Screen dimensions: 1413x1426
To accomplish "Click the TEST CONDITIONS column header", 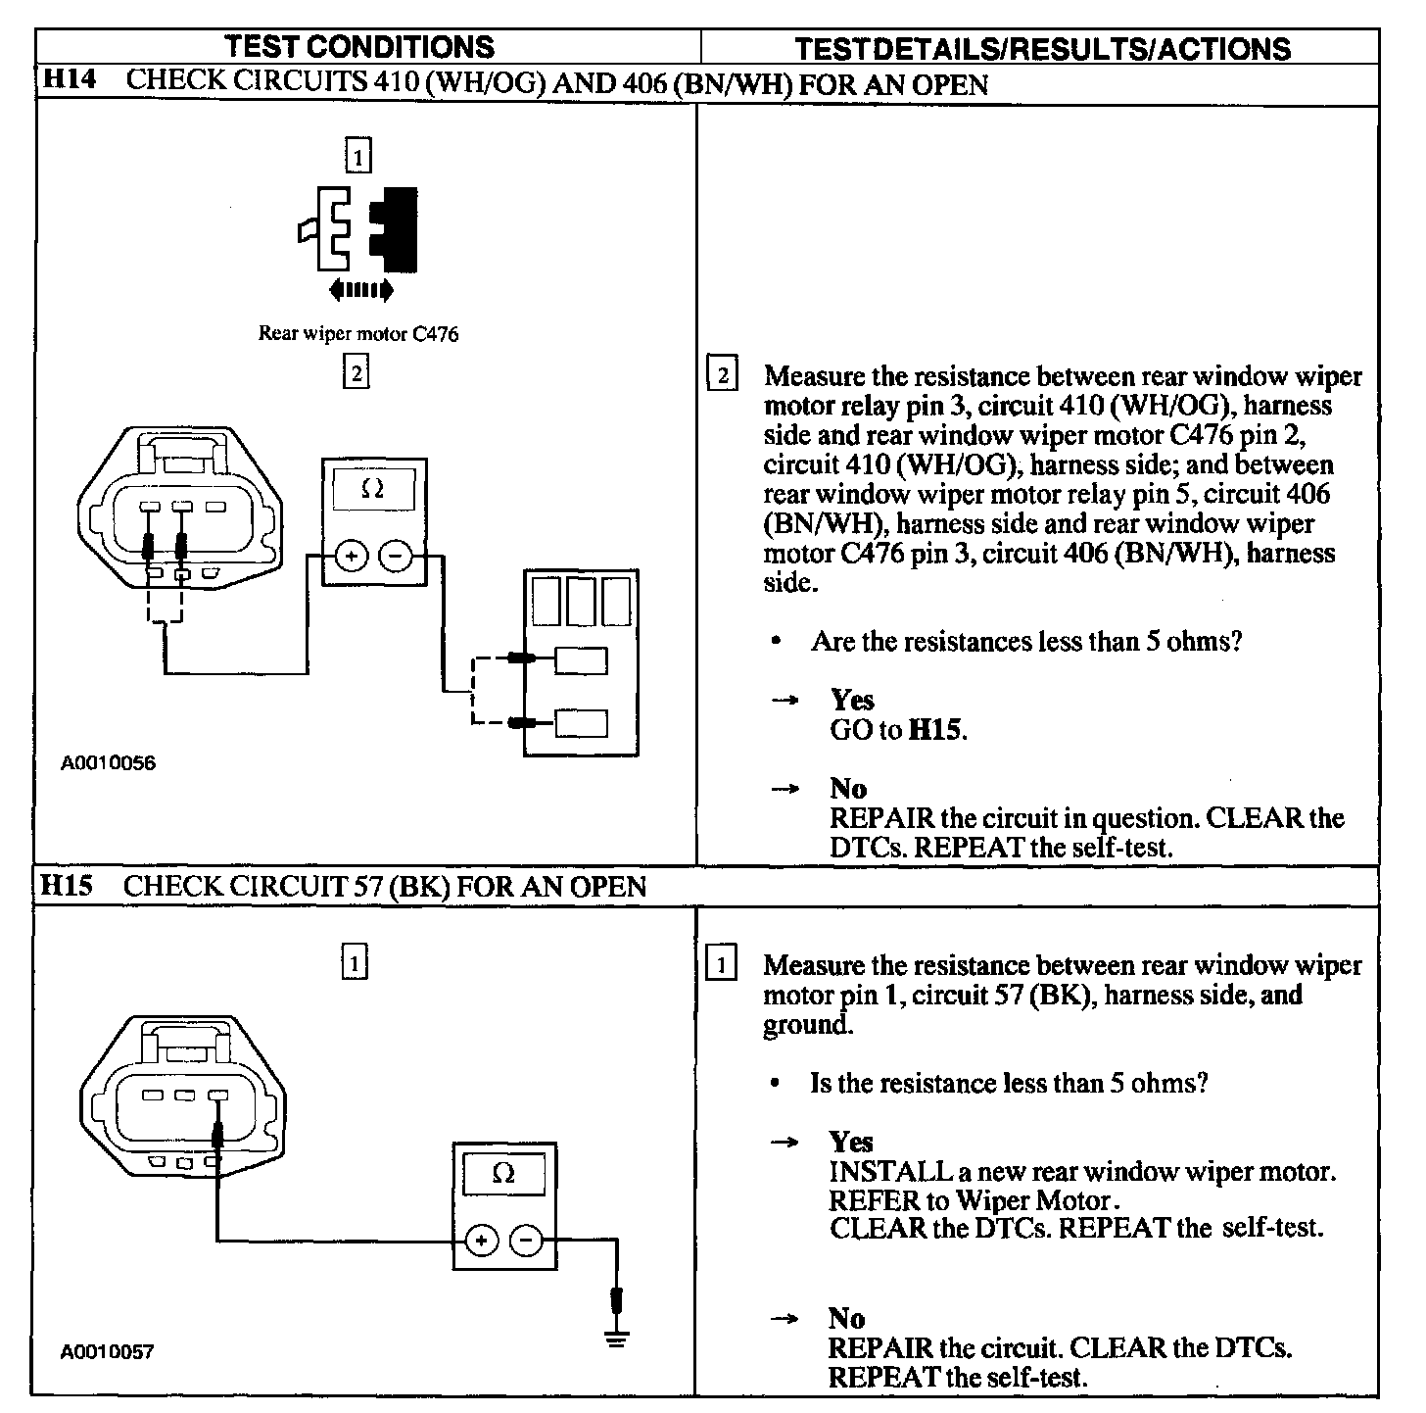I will point(359,47).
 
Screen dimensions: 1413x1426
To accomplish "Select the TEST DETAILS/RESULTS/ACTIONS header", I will point(1042,49).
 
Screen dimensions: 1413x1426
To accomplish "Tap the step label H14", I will point(69,81).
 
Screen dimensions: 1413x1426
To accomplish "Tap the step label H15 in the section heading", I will point(68,886).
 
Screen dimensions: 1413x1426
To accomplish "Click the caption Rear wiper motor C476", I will point(357,334).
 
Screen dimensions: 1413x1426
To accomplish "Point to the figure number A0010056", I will point(108,763).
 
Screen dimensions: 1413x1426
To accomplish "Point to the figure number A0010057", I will point(107,1352).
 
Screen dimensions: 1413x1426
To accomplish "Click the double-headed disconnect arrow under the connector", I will point(361,290).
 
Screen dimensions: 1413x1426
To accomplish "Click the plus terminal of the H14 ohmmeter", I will point(352,557).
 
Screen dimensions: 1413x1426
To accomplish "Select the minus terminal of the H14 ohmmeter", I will point(396,557).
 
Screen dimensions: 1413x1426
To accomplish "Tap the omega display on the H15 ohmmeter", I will point(503,1174).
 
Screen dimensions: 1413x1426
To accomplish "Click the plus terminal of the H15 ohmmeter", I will point(481,1241).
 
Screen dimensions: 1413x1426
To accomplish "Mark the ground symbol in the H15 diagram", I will point(616,1337).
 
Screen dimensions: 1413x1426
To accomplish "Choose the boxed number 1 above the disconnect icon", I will point(358,156).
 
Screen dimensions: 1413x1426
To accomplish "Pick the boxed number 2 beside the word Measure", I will point(722,375).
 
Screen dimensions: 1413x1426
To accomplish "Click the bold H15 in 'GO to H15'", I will point(936,730).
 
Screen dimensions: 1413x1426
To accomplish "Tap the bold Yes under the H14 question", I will point(852,700).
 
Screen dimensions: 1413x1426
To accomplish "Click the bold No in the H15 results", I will point(846,1318).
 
